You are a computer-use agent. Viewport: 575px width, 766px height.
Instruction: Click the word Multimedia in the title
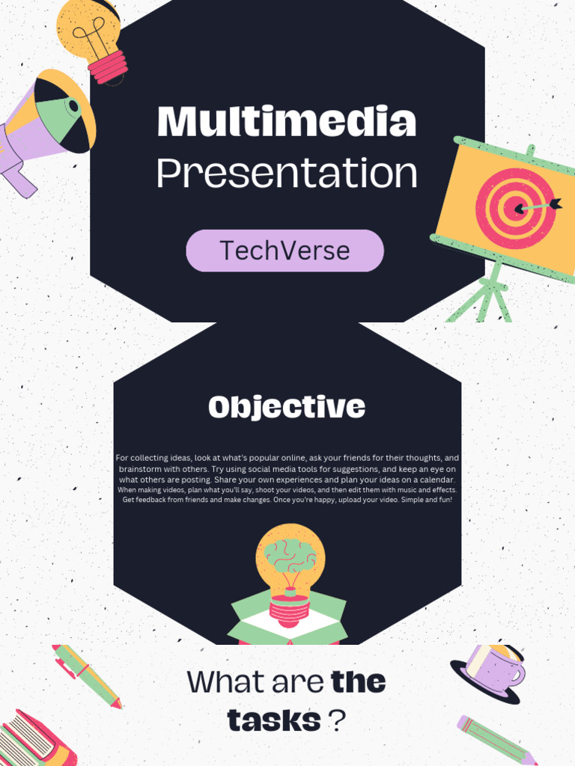(x=286, y=121)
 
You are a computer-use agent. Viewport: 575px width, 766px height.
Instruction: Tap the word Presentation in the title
(x=286, y=174)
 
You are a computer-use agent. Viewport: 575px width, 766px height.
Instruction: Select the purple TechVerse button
(x=285, y=251)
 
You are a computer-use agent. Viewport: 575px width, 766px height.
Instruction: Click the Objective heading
(x=287, y=408)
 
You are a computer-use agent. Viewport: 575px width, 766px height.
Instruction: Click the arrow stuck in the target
(x=538, y=204)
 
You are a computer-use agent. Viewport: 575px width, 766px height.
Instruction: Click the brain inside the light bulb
(x=290, y=555)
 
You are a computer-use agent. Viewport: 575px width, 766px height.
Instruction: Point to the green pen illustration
(x=86, y=675)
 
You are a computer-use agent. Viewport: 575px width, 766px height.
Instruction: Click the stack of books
(x=34, y=741)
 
